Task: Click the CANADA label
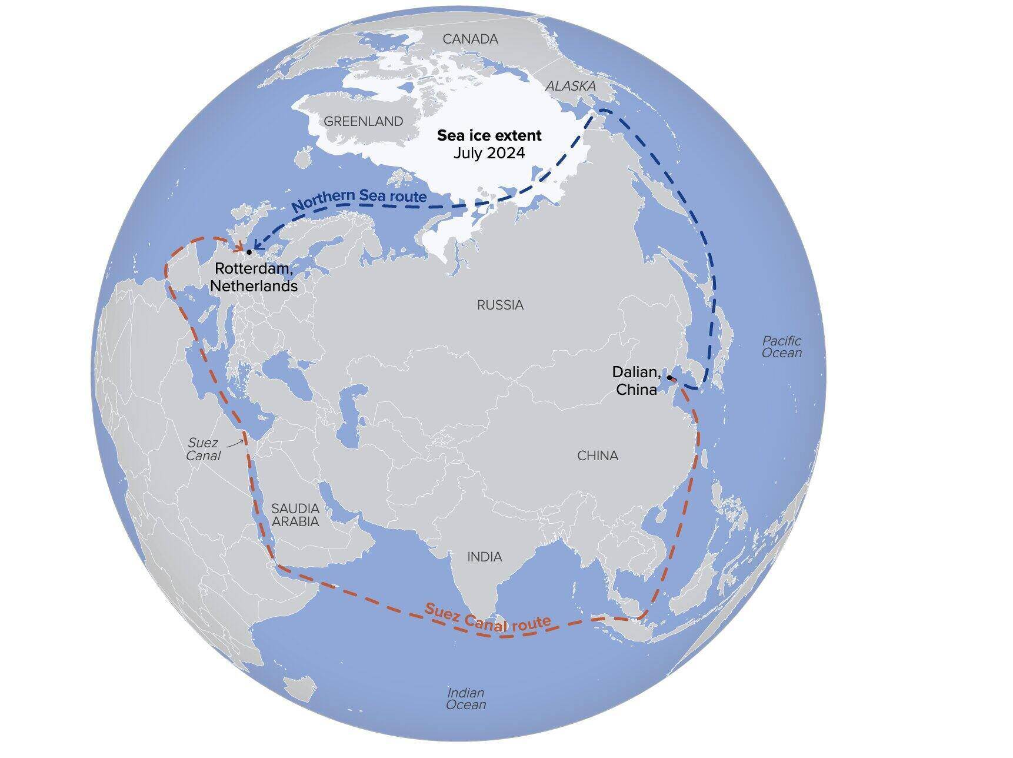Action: coord(470,39)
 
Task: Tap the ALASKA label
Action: coord(570,86)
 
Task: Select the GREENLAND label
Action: coord(363,122)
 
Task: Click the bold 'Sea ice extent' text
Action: coord(489,135)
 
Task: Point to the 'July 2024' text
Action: coord(489,153)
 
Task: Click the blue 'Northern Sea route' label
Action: coord(359,200)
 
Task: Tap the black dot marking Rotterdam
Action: coord(249,252)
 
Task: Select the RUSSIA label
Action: coord(500,305)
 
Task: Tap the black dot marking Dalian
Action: coord(669,377)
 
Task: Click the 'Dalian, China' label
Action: coord(635,380)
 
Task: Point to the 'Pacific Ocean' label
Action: coord(781,347)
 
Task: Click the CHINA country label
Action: coord(597,456)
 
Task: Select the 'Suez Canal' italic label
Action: coord(203,449)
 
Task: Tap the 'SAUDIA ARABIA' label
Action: coord(295,515)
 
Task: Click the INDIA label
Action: coord(484,557)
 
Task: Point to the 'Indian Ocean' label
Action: coord(466,699)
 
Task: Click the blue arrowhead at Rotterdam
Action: coord(257,246)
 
